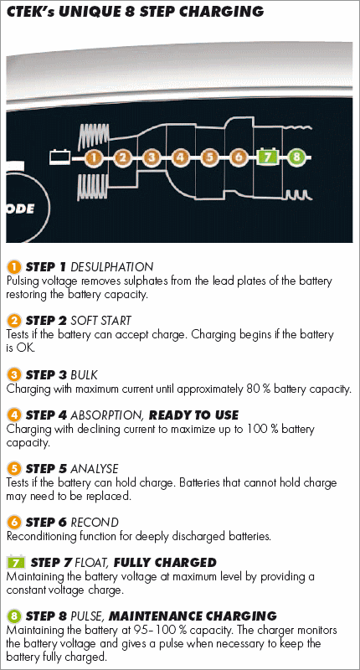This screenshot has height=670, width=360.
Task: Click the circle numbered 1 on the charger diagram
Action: click(x=94, y=157)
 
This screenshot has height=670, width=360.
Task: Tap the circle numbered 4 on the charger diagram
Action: click(x=180, y=157)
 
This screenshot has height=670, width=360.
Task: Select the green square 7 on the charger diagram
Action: click(x=267, y=157)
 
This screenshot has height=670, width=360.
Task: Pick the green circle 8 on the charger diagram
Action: click(x=296, y=157)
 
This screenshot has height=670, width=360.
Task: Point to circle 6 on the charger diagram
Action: click(x=238, y=157)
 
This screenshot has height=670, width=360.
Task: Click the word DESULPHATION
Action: click(x=111, y=267)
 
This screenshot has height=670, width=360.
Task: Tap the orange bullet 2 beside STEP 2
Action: click(x=14, y=321)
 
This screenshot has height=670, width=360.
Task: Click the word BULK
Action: click(x=84, y=374)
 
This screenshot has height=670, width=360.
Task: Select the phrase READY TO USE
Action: click(x=193, y=415)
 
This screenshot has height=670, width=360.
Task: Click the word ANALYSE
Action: click(x=94, y=469)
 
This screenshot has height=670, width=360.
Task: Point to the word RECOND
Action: click(x=95, y=522)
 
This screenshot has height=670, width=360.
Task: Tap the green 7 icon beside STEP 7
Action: click(x=16, y=562)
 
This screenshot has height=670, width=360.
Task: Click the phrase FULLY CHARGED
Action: click(x=165, y=562)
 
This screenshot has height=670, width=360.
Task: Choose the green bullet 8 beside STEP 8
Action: click(x=14, y=616)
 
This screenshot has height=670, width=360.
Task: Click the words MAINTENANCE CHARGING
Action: click(x=193, y=616)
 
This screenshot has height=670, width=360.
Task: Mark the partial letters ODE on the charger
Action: click(x=20, y=210)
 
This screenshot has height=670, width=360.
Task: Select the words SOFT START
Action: click(x=100, y=321)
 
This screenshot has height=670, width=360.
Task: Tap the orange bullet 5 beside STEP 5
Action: click(x=14, y=469)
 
